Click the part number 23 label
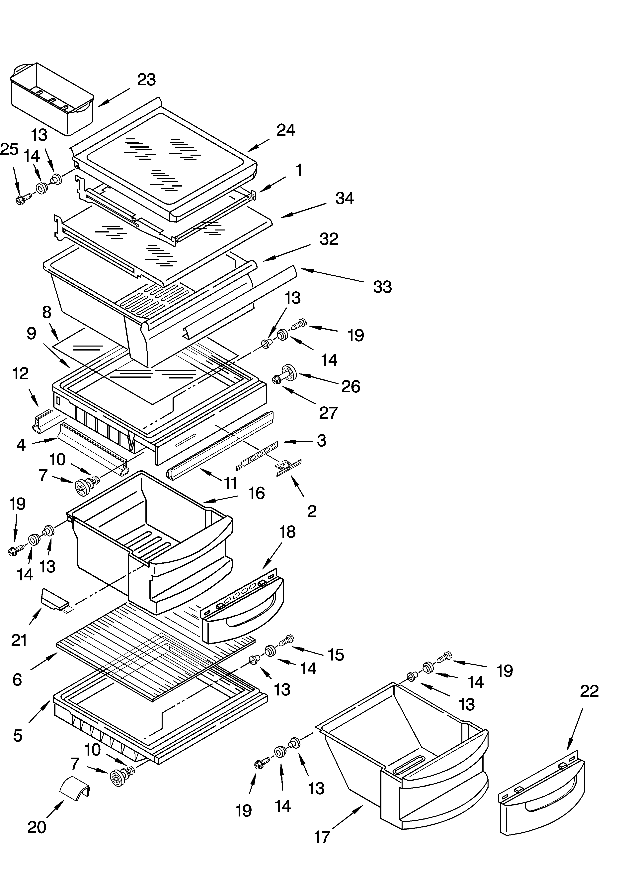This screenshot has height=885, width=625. [x=146, y=80]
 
